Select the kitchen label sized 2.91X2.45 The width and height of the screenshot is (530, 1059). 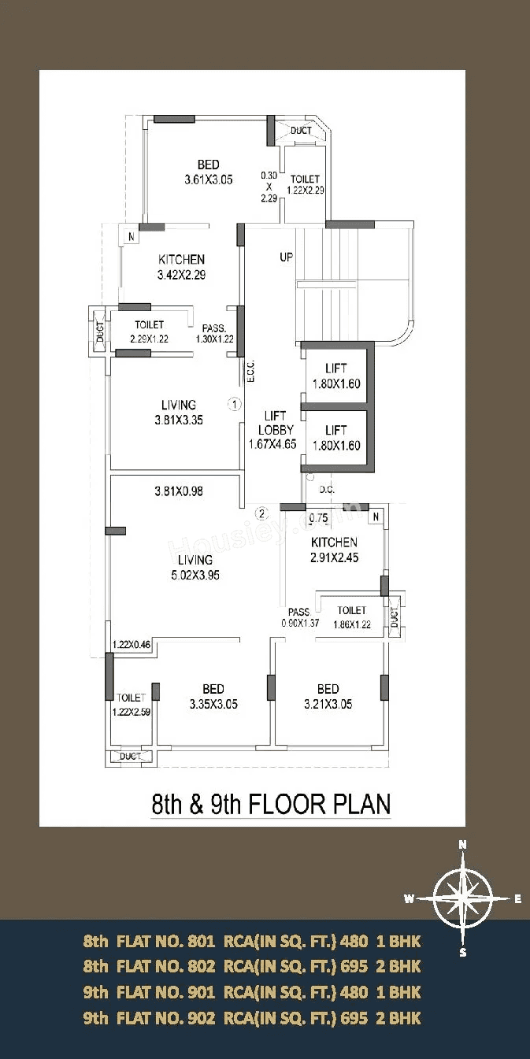pos(334,550)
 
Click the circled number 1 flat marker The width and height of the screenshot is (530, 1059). pos(234,405)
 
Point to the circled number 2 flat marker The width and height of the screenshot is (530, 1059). pos(263,513)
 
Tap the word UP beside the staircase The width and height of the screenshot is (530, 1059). pos(286,257)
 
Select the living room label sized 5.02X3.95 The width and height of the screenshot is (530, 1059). pos(195,568)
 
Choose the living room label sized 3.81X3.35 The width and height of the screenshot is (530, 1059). pos(179,413)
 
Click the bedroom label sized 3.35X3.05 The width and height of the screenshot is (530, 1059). pos(213,697)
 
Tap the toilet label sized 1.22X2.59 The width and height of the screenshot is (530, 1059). pos(130,705)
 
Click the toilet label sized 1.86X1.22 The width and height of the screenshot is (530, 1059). pos(351,617)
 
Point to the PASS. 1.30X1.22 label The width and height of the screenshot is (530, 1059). pos(214,333)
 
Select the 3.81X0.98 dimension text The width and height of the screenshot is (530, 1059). pos(179,491)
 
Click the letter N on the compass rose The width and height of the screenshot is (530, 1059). pos(462,845)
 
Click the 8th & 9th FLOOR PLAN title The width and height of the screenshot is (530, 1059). pos(271,804)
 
